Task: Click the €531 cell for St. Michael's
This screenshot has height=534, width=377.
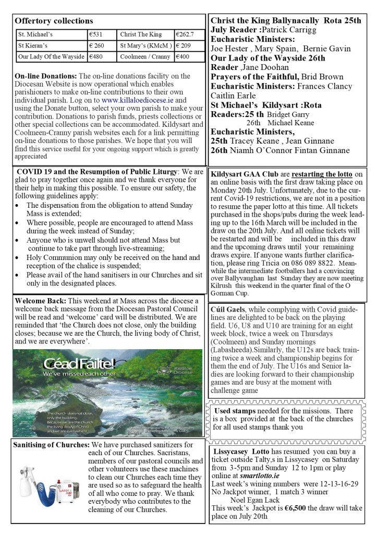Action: tap(96, 34)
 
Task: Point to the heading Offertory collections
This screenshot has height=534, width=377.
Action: tap(54, 21)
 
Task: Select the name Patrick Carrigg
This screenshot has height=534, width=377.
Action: tap(282, 30)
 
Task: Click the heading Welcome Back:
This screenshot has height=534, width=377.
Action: tap(40, 301)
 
